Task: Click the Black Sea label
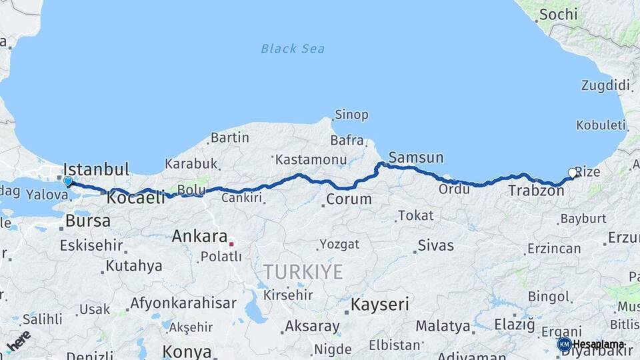(293, 48)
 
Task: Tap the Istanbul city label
(96, 168)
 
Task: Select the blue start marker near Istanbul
(67, 181)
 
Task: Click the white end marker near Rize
(572, 173)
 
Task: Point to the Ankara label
(199, 236)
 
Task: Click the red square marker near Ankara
(231, 244)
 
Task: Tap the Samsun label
(415, 158)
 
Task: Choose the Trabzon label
(536, 191)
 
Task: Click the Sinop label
(351, 115)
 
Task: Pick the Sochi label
(558, 14)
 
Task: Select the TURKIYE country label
(303, 271)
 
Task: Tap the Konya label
(187, 351)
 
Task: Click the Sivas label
(435, 245)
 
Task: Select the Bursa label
(88, 221)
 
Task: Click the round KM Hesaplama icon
(564, 344)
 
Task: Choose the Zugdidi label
(605, 85)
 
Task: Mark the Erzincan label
(553, 249)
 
